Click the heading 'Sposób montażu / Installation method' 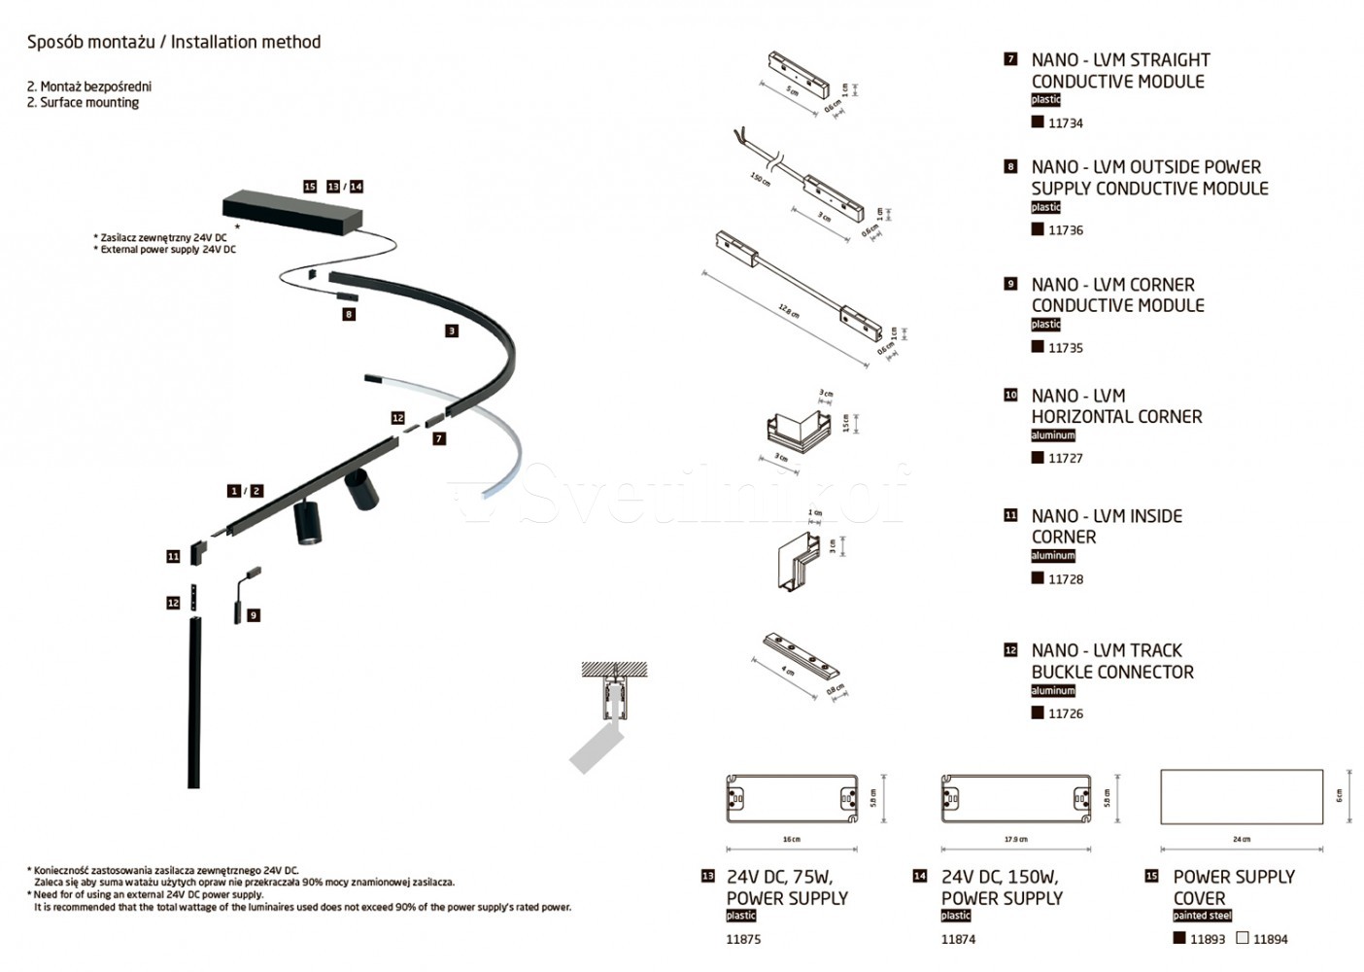[174, 42]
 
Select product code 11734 [1065, 123]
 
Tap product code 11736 [1065, 230]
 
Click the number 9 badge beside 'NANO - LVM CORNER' [1010, 284]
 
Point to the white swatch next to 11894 [1243, 939]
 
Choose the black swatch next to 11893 [1179, 939]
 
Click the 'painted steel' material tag [1202, 916]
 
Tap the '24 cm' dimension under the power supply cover [1241, 839]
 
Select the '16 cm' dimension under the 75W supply [791, 839]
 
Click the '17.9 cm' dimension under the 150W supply [1015, 839]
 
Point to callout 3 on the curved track [451, 330]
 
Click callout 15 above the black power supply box [310, 187]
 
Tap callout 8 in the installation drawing [349, 314]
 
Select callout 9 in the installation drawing [254, 615]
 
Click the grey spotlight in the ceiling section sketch [595, 748]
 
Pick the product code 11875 [743, 939]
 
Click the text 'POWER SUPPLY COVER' [1233, 887]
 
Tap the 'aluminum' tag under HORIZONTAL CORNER [1052, 435]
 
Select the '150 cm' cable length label [760, 180]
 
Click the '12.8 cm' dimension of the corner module [788, 311]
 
